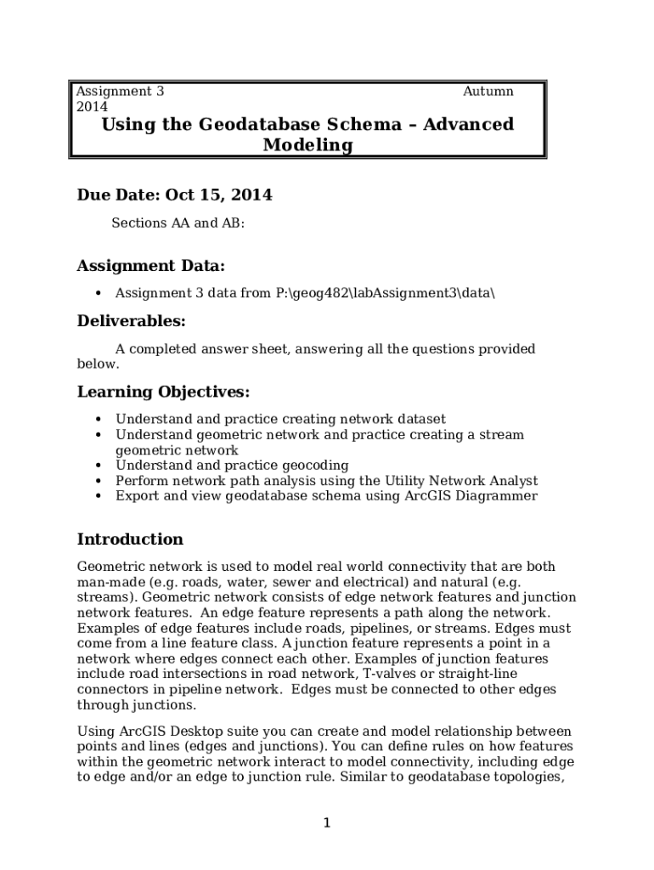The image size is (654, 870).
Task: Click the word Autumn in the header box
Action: (488, 92)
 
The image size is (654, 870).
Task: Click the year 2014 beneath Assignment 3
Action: (92, 107)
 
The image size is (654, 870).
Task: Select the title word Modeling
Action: (307, 145)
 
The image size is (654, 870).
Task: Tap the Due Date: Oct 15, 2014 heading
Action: (174, 195)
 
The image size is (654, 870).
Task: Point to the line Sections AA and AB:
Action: (178, 223)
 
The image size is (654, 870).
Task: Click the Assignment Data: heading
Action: (151, 267)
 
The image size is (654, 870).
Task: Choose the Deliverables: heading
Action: (131, 321)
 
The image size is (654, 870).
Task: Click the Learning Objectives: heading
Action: (163, 392)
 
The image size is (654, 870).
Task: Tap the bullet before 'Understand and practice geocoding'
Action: (99, 466)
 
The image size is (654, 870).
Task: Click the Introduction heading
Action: (130, 540)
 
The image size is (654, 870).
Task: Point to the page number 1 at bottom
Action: (326, 822)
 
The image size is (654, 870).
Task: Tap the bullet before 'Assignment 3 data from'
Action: (99, 294)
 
